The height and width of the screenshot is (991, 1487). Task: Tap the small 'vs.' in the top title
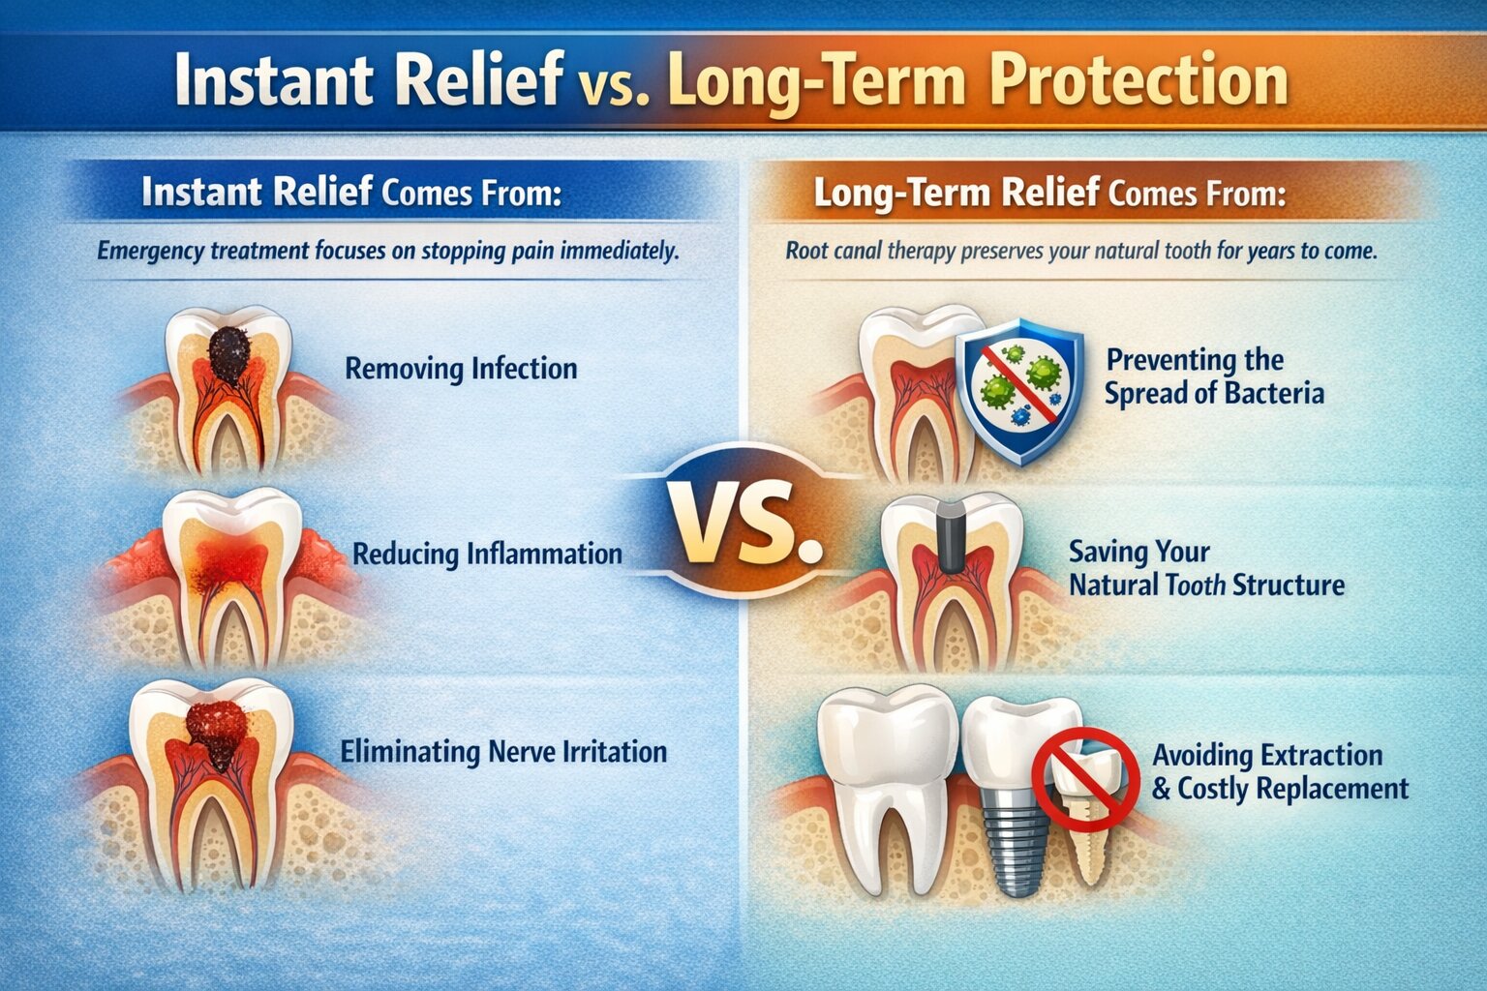614,85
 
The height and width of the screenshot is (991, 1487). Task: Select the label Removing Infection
461,369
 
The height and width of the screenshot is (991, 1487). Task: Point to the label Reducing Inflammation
487,555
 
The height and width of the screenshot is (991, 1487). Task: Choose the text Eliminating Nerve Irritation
503,752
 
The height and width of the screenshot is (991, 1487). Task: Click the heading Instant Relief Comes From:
350,192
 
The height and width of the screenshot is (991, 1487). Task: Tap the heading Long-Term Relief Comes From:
1048,193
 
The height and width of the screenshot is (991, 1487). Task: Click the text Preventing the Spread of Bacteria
1213,376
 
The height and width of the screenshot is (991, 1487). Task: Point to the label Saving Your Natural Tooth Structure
1205,569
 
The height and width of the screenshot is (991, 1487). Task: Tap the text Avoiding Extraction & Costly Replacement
1278,771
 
